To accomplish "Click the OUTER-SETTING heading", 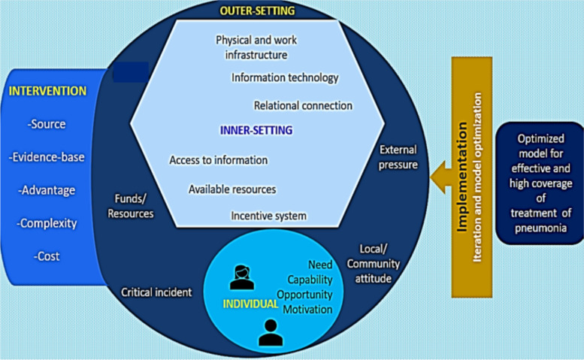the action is (257, 11).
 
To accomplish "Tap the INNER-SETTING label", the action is (256, 130).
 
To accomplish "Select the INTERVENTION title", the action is (47, 91).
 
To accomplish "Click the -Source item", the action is (47, 124).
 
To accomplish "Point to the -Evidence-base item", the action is (47, 157).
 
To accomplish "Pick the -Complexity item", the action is (47, 223).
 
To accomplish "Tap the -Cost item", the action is (47, 256).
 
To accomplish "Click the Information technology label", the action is (285, 78).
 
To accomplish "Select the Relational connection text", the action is (303, 106).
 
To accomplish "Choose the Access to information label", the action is (219, 160).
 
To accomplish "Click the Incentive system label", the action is (268, 216).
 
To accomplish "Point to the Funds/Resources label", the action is (131, 206).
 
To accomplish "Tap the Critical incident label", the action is (156, 292).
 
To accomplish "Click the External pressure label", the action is (398, 157).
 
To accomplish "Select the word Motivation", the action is (307, 310).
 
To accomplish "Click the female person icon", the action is (242, 277).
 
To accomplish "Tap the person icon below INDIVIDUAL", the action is (271, 333).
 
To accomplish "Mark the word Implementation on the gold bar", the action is (461, 177).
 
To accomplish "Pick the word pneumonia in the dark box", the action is (541, 228).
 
